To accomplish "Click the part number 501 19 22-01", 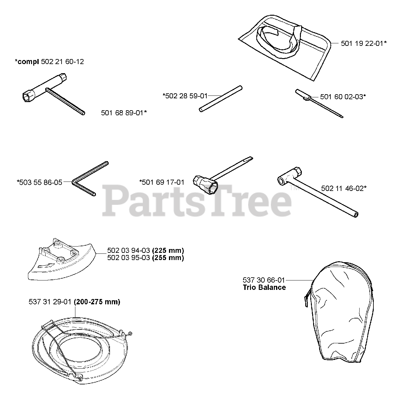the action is pos(363,44).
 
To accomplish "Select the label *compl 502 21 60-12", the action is pos(49,62).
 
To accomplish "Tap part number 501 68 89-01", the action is pos(124,112).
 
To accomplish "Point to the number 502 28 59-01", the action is pos(185,95).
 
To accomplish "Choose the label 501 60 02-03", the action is pos(343,96).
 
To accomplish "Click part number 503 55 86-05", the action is pos(40,182).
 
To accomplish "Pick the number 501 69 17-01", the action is pos(162,182).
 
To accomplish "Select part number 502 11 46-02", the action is pos(344,188).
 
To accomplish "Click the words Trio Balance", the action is pos(264,287).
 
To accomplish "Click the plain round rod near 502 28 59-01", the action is pos(221,98).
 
